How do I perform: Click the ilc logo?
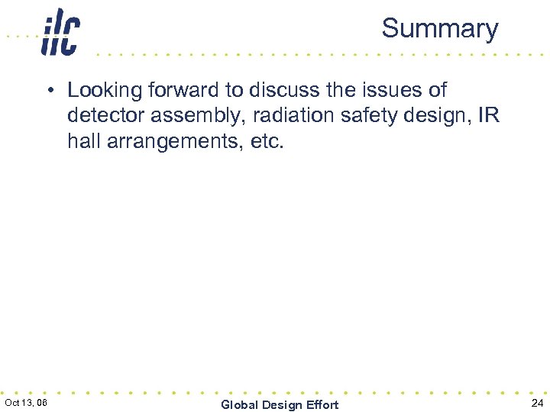click(x=60, y=32)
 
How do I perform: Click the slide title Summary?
click(x=439, y=28)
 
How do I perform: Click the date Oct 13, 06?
click(x=26, y=402)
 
